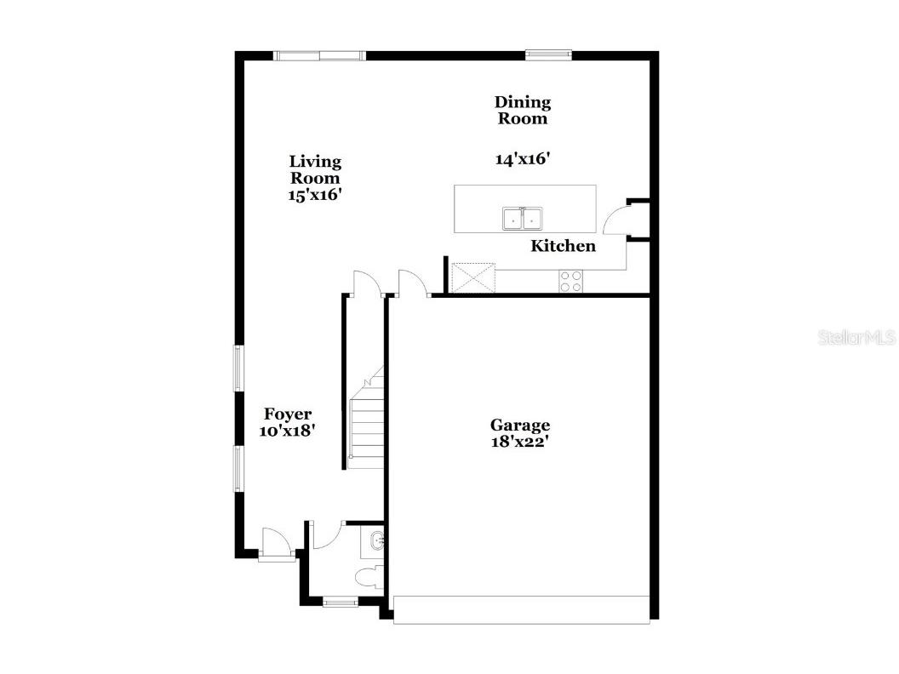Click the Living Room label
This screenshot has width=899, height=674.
pyautogui.click(x=315, y=169)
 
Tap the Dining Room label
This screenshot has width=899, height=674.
pyautogui.click(x=523, y=111)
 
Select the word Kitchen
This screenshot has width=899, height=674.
pyautogui.click(x=563, y=246)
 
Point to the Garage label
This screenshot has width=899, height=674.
pyautogui.click(x=519, y=425)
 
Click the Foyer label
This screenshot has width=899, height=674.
pyautogui.click(x=287, y=414)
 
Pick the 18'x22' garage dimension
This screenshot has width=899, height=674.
pyautogui.click(x=519, y=442)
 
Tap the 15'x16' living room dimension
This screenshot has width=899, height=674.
pyautogui.click(x=315, y=194)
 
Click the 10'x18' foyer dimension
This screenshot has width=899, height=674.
pyautogui.click(x=288, y=431)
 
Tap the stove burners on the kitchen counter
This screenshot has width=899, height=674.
pyautogui.click(x=570, y=281)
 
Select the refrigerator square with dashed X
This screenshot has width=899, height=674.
pyautogui.click(x=472, y=277)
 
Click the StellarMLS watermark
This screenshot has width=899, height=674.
pyautogui.click(x=856, y=338)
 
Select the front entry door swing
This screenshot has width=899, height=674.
pyautogui.click(x=276, y=542)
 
